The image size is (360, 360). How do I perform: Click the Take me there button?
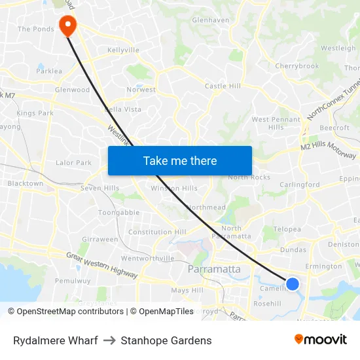(180, 160)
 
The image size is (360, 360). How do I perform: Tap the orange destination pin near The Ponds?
(67, 25)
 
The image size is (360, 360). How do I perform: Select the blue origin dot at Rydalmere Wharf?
(293, 283)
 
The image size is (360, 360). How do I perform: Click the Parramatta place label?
(214, 269)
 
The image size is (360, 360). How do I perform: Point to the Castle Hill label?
(223, 86)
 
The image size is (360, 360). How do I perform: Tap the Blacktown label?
(25, 184)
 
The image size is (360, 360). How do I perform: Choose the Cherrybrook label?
(297, 66)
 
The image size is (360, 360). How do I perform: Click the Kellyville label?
(123, 50)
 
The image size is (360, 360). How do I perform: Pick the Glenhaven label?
(211, 20)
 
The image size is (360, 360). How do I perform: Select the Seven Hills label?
(99, 189)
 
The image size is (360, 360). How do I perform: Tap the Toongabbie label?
(118, 213)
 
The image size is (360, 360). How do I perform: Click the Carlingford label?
(300, 185)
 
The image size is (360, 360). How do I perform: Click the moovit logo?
(321, 340)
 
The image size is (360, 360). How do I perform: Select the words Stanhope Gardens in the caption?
(166, 340)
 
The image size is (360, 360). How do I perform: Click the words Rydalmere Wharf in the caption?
(56, 340)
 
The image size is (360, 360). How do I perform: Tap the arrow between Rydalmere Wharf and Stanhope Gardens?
(109, 340)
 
